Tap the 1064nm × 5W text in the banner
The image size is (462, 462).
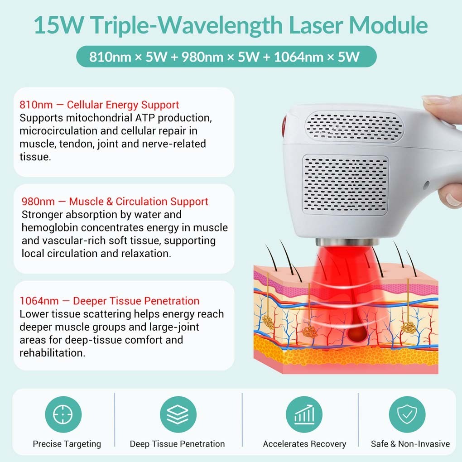(317, 57)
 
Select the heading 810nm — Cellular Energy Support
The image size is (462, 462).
(99, 105)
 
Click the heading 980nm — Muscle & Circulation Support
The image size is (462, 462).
(115, 202)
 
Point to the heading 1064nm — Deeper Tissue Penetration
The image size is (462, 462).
(110, 301)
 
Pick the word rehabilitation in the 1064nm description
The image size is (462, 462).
(53, 353)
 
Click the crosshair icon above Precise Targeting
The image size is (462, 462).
(63, 414)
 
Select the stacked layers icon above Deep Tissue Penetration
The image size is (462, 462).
(178, 414)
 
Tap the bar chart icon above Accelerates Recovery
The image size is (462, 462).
(304, 414)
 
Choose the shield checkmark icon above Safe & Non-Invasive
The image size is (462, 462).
(407, 414)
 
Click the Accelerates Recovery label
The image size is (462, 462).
(304, 444)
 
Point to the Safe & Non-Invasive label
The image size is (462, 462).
(410, 444)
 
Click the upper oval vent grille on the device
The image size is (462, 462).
(355, 126)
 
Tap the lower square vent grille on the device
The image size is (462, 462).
(345, 185)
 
